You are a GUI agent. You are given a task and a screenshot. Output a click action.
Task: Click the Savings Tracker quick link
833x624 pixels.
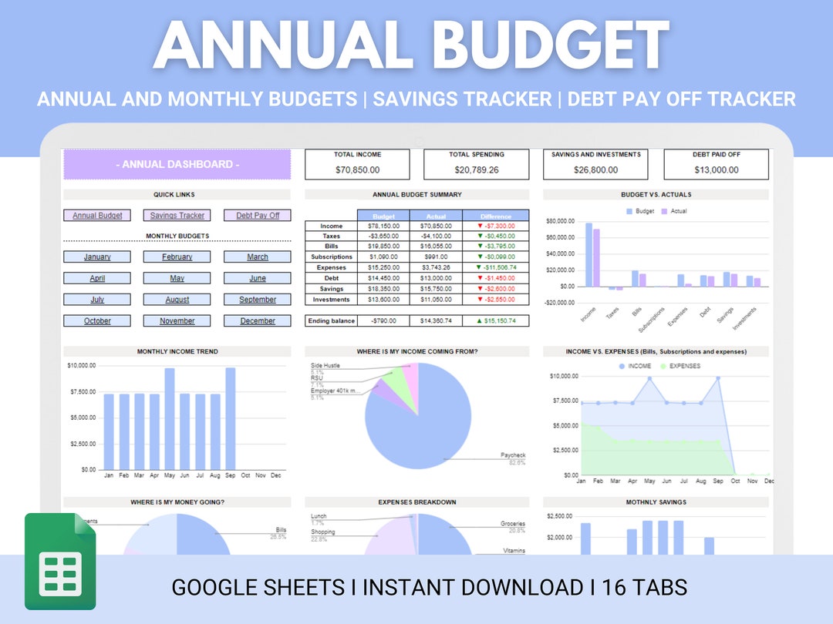[x=177, y=216]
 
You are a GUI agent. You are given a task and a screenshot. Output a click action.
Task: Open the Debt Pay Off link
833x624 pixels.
[x=258, y=216]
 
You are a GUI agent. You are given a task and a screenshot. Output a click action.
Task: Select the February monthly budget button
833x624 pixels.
[x=177, y=257]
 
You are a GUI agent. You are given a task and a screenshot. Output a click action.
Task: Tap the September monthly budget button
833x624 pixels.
[x=258, y=300]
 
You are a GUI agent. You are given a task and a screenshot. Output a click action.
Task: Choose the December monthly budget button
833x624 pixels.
[x=258, y=321]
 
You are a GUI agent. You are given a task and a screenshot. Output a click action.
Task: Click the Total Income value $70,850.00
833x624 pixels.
[x=358, y=169]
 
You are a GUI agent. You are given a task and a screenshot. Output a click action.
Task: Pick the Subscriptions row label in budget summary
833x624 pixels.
[x=332, y=257]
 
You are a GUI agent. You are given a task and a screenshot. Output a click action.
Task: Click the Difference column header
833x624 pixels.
[x=495, y=216]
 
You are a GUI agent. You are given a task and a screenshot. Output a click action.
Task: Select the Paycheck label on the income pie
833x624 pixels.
[x=512, y=455]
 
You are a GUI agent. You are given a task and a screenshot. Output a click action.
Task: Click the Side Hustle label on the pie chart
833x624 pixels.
[x=325, y=365]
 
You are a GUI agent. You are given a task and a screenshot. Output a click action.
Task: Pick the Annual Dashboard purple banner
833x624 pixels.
[x=177, y=165]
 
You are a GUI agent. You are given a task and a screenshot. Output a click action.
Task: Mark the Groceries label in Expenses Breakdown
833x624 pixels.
[x=512, y=524]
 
